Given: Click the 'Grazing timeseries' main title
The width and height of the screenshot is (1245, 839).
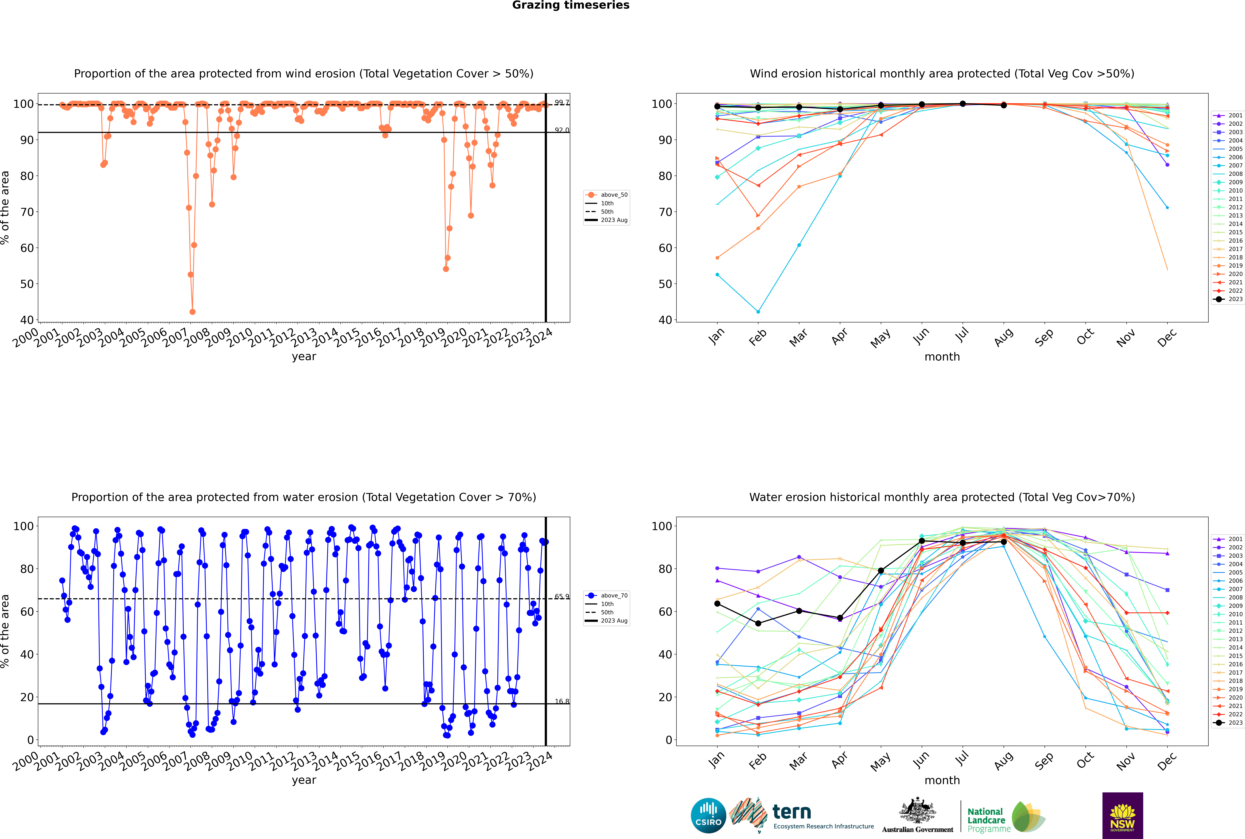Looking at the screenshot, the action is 571,5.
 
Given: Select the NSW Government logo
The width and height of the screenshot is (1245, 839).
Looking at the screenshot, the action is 1122,815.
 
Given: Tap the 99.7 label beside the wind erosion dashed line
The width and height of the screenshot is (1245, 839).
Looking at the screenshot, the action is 561,103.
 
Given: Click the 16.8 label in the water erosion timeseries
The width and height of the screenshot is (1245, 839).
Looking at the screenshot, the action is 561,701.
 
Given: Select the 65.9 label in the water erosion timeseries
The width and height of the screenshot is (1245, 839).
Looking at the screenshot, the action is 561,597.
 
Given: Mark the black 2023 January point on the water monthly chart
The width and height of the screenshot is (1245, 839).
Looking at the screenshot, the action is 717,604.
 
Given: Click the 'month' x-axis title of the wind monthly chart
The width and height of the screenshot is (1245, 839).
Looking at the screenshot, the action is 942,357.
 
